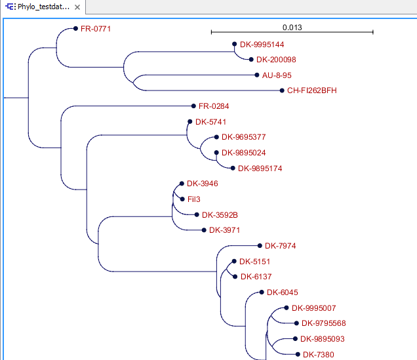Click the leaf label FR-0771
pos(96,30)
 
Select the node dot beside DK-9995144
pos(234,45)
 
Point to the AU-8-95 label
pos(277,75)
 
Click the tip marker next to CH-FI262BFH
pos(281,90)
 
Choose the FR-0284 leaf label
pos(214,106)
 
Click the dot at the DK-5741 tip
pos(189,122)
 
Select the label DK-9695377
pos(243,138)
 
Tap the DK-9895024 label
pos(243,153)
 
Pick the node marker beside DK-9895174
pos(232,169)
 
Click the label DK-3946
pos(203,184)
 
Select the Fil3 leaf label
pos(193,199)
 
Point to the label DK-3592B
pos(220,214)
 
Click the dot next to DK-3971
pos(203,230)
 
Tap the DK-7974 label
pos(281,246)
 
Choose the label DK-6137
pos(256,277)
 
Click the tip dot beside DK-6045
pos(261,292)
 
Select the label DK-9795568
pos(324,323)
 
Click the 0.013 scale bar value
pos(292,28)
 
